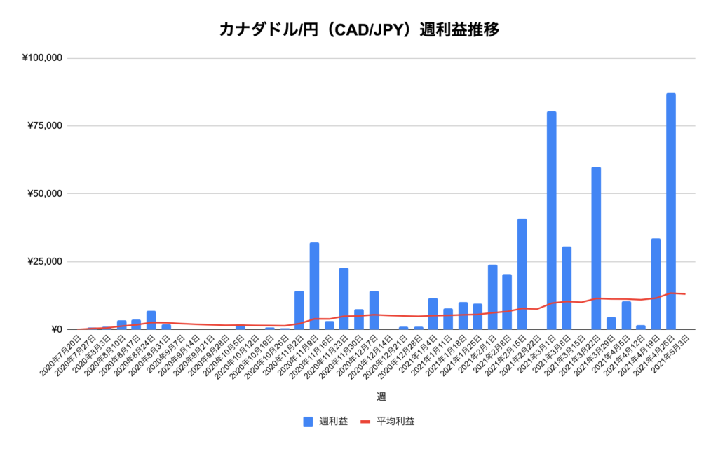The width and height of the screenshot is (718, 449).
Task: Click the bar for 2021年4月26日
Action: (x=671, y=211)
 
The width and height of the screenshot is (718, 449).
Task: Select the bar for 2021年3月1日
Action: (x=552, y=220)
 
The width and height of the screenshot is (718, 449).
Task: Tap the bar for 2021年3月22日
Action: (x=596, y=248)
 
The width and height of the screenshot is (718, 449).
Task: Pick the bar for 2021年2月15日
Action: (x=522, y=274)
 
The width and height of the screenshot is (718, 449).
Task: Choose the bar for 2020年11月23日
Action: (x=344, y=298)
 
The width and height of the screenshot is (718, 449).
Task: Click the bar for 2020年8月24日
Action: (x=151, y=320)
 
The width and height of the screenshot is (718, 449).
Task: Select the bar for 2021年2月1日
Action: (x=492, y=297)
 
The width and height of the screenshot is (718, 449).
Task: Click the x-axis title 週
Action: (x=381, y=396)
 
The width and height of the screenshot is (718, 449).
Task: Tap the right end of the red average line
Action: (x=685, y=294)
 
